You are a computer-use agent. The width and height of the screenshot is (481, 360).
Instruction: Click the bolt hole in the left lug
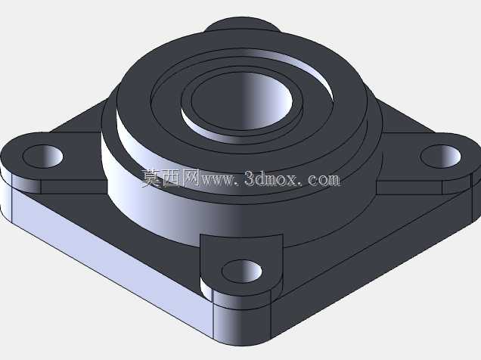click(x=43, y=156)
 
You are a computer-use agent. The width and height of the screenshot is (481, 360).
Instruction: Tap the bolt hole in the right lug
click(x=440, y=157)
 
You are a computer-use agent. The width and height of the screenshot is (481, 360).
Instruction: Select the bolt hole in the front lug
click(x=242, y=272)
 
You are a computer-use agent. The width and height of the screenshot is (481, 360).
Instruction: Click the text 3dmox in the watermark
click(x=272, y=178)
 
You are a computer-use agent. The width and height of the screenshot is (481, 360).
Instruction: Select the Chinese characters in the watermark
click(x=171, y=178)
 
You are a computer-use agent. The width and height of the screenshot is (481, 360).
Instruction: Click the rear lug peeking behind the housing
click(x=242, y=24)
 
